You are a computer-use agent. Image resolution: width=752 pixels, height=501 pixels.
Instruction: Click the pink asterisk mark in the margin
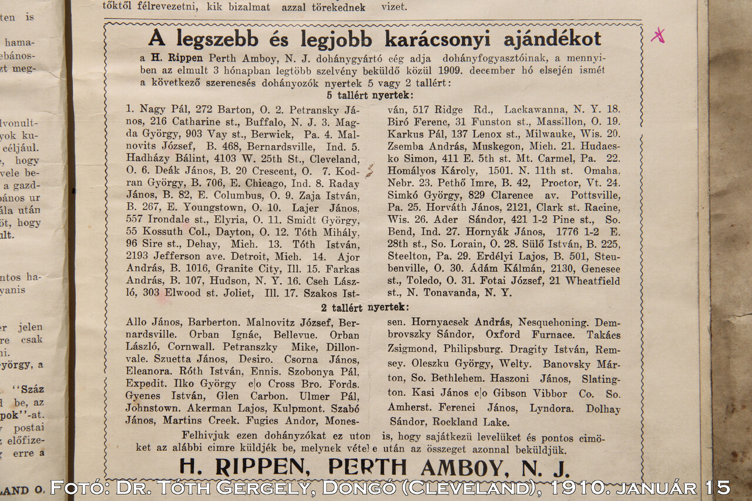tap(658, 36)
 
